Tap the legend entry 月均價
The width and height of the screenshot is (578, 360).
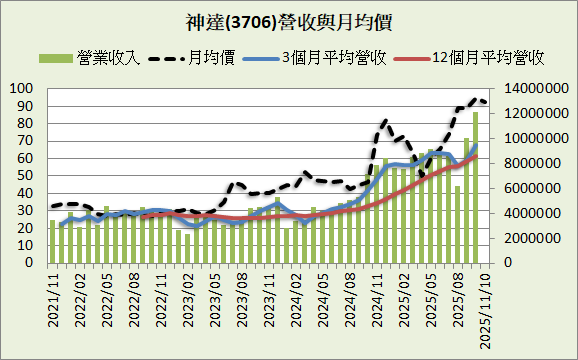pos(213,58)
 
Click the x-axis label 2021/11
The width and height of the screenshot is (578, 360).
pos(52,298)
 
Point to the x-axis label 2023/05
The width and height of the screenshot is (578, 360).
pos(213,298)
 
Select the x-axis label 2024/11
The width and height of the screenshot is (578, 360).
pos(375,298)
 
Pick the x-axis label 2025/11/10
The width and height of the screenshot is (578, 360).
pos(483,305)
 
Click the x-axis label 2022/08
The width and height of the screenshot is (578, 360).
pos(133,298)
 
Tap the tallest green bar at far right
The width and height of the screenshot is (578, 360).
pos(475,188)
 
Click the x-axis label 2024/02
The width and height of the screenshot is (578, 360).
pos(294,298)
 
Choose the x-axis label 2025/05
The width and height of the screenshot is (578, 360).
pos(429,298)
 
